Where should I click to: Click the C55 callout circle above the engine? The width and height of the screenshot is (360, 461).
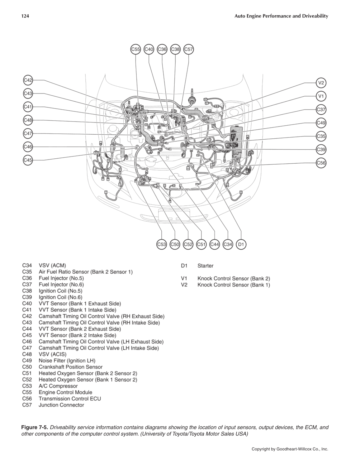pyautogui.click(x=135, y=49)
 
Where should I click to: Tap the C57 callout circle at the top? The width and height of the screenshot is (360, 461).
pyautogui.click(x=189, y=49)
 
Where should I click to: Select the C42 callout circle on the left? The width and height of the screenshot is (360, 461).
pyautogui.click(x=28, y=80)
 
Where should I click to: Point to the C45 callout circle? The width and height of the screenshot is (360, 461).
pyautogui.click(x=28, y=160)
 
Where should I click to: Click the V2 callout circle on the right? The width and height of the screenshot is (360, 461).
pyautogui.click(x=321, y=83)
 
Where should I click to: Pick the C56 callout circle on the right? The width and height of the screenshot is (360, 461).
pyautogui.click(x=321, y=163)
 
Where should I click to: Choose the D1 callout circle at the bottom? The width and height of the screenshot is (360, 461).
pyautogui.click(x=241, y=245)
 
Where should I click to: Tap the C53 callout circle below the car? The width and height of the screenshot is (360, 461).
pyautogui.click(x=162, y=245)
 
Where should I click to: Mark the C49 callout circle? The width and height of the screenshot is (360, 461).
pyautogui.click(x=321, y=123)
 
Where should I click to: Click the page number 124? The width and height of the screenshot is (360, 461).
pyautogui.click(x=25, y=16)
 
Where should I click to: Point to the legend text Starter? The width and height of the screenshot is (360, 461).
pyautogui.click(x=205, y=266)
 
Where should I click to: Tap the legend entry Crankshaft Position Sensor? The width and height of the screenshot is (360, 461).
pyautogui.click(x=70, y=367)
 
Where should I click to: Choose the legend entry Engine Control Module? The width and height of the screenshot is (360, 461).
pyautogui.click(x=65, y=392)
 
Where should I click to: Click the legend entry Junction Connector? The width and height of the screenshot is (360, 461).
pyautogui.click(x=61, y=405)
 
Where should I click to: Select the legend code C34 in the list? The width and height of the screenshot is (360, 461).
pyautogui.click(x=27, y=266)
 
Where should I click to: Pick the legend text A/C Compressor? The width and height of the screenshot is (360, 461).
pyautogui.click(x=58, y=386)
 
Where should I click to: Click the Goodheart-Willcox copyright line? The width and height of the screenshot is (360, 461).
pyautogui.click(x=290, y=449)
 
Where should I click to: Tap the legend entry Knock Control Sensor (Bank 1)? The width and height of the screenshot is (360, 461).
pyautogui.click(x=234, y=285)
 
